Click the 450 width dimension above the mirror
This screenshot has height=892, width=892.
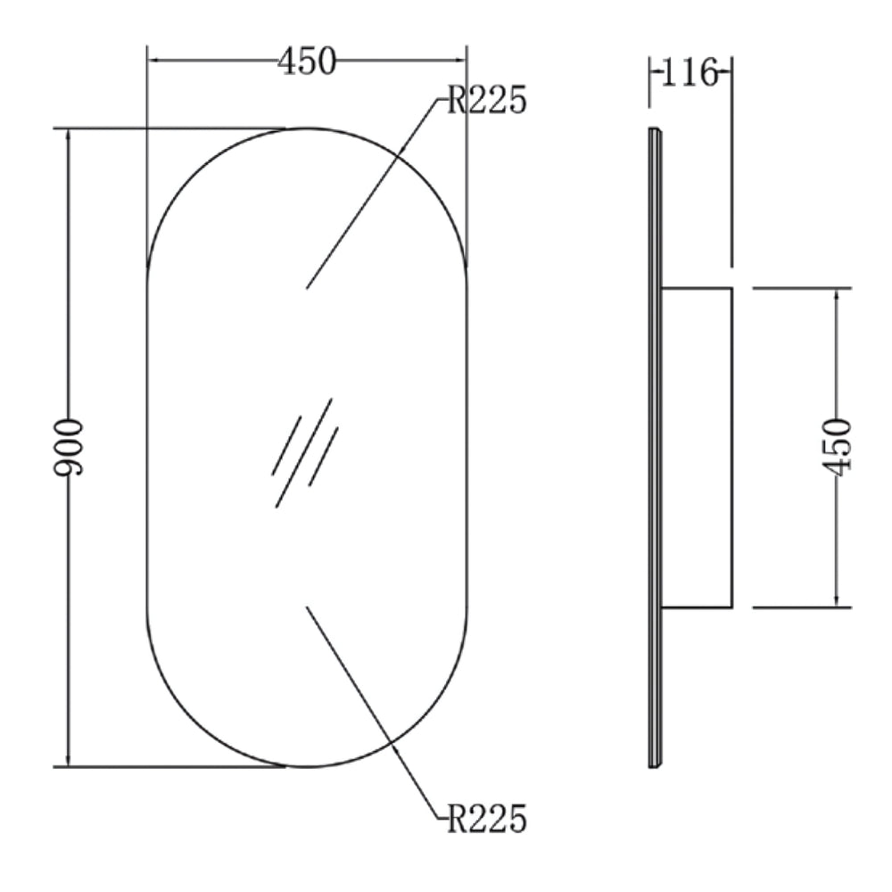pos(307,61)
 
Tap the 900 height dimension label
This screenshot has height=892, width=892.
pos(69,447)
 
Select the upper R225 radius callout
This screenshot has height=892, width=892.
pos(487,100)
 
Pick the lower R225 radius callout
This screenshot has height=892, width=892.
pos(487,819)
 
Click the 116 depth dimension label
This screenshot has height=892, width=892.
pos(690,72)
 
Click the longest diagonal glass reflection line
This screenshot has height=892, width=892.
pos(304,453)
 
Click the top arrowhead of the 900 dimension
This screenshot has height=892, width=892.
pos(69,136)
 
